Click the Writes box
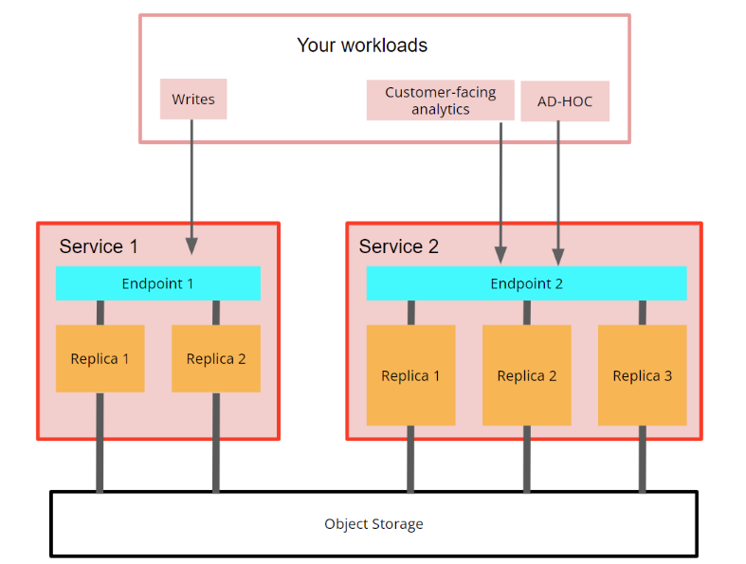193,100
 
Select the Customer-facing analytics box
440,100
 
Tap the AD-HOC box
564,101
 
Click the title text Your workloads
362,45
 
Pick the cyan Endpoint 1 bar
157,283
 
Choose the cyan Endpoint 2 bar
526,283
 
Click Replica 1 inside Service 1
100,358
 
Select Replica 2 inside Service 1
216,358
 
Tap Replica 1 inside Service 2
410,375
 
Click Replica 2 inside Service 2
526,375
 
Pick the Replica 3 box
642,375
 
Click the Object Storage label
373,524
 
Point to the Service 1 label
99,246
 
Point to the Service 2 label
398,246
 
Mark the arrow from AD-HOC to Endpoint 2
558,190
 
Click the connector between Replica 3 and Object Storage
642,459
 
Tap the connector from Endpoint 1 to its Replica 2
216,313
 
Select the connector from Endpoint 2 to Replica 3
642,313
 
